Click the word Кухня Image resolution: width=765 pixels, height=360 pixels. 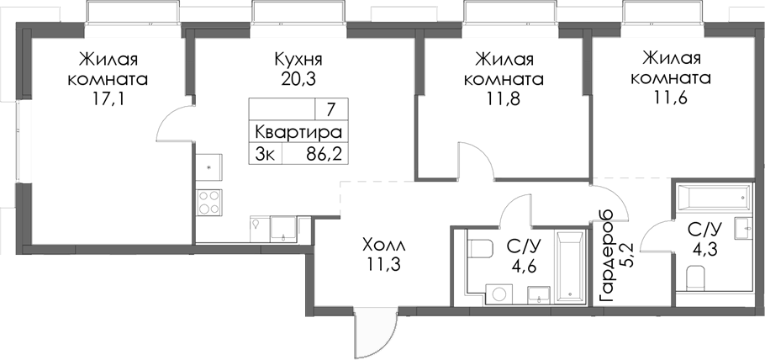(298, 61)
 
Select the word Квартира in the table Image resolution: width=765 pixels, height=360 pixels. (298, 132)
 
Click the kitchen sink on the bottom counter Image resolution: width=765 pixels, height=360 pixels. (283, 226)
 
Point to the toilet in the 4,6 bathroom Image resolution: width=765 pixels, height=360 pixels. (481, 250)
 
